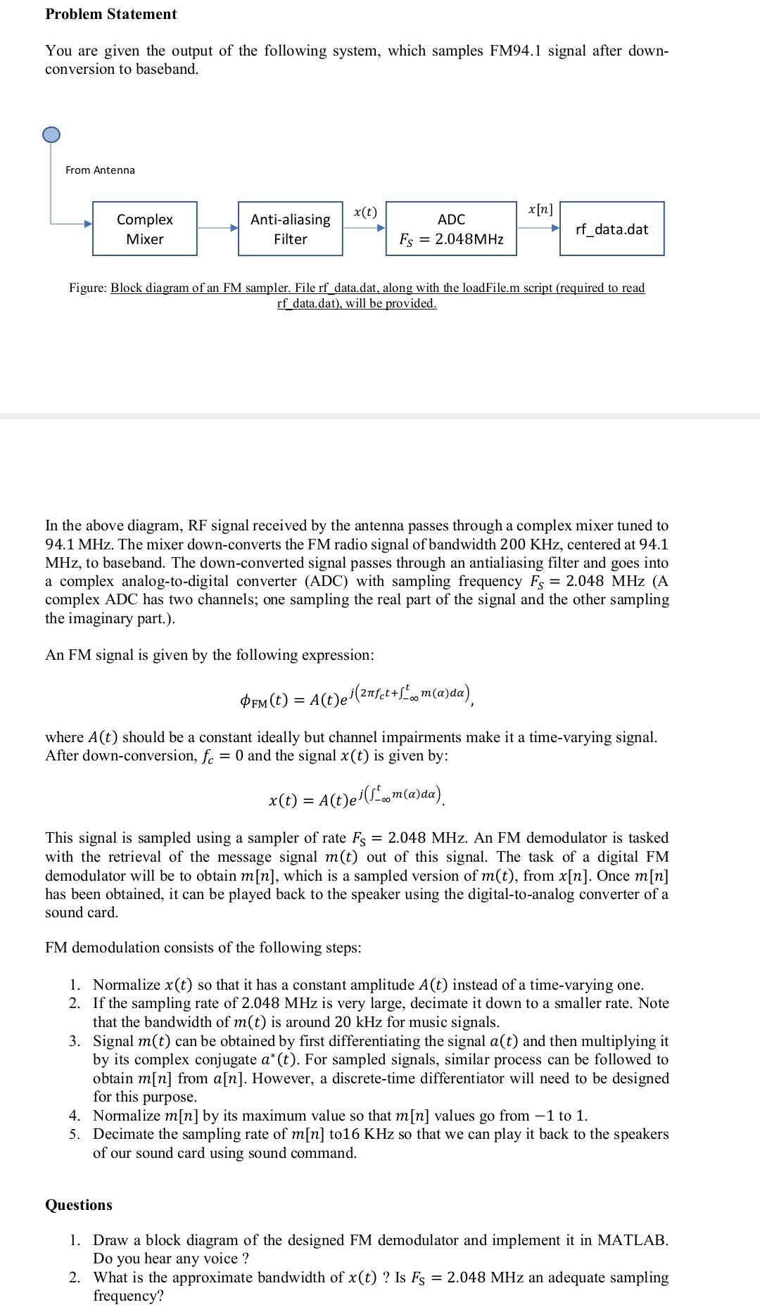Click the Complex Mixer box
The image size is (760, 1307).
[144, 229]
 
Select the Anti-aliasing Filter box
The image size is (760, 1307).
[291, 229]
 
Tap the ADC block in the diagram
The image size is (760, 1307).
[451, 229]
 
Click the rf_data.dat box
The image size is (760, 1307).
[612, 229]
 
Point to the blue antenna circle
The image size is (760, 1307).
[51, 134]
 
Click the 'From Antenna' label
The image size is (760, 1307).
[100, 170]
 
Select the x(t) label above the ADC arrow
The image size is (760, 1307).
[365, 212]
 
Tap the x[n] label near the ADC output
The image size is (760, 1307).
[540, 210]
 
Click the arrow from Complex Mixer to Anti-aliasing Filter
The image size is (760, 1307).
[217, 228]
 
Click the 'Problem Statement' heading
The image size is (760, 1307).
[111, 14]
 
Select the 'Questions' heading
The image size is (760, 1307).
[79, 1205]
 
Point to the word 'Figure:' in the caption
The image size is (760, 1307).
[88, 288]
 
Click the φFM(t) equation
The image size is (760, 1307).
[357, 696]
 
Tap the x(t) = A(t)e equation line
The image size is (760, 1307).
[357, 797]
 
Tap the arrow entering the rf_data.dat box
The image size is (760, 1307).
[539, 229]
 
